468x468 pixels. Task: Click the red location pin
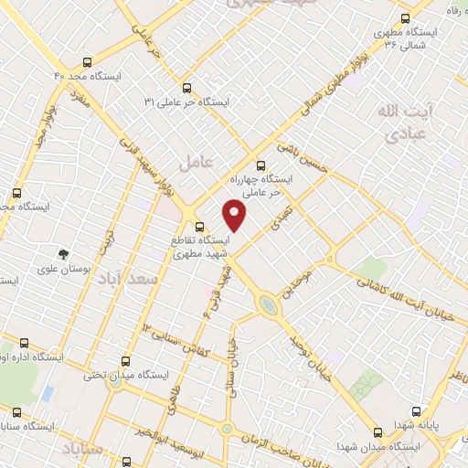235,215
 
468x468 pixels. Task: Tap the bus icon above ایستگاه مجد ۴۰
86,63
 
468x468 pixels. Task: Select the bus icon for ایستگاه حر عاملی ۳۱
186,88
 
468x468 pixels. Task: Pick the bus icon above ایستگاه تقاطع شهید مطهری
199,226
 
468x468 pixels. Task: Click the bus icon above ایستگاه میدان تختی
126,360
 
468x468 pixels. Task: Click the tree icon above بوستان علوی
63,255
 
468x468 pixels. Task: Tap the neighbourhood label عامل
197,163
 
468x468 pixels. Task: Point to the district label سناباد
84,448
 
